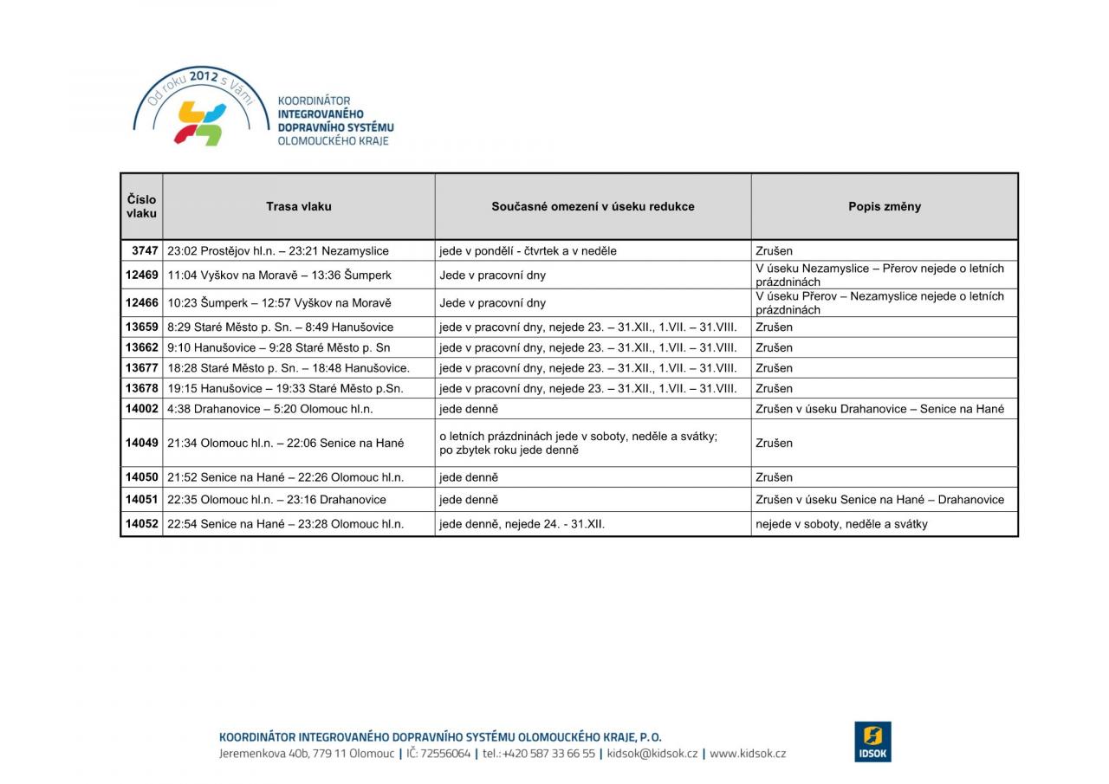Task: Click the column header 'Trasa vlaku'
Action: click(x=298, y=206)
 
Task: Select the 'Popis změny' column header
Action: click(x=884, y=206)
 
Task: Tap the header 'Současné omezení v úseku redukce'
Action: click(x=593, y=206)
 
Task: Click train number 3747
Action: click(x=145, y=250)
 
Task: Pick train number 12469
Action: click(x=142, y=275)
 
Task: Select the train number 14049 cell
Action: click(x=142, y=443)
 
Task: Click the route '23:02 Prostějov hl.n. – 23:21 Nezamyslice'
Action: click(x=278, y=250)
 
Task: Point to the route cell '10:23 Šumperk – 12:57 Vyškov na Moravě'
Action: click(x=279, y=302)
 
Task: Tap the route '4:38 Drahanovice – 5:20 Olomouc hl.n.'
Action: click(x=270, y=408)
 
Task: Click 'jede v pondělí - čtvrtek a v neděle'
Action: click(x=528, y=250)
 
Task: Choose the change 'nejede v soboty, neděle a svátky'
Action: click(x=841, y=523)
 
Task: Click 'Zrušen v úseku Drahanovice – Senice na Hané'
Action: click(x=879, y=408)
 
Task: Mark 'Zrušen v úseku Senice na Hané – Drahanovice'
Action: click(x=879, y=499)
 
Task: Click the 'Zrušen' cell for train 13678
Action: click(x=774, y=388)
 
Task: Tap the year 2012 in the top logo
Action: click(x=203, y=77)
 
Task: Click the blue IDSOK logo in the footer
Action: click(x=872, y=742)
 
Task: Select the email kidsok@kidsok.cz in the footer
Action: click(x=652, y=754)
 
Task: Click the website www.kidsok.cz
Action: click(x=748, y=754)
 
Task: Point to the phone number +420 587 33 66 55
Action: click(x=548, y=754)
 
